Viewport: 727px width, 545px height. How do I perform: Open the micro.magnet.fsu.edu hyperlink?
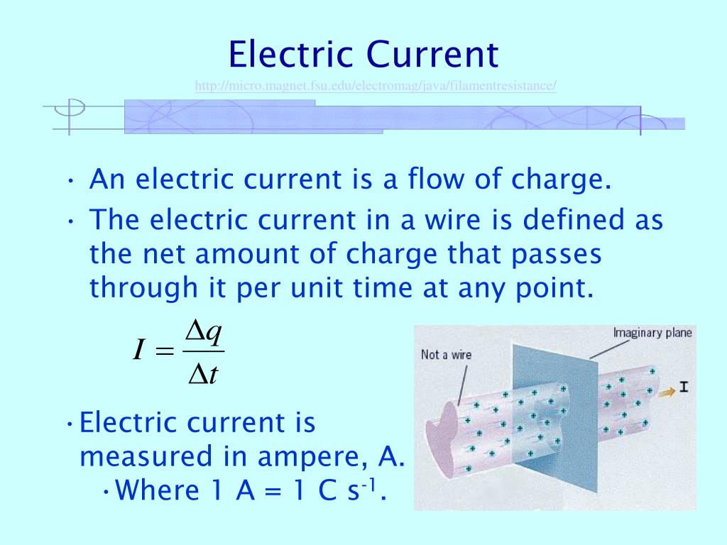click(x=376, y=86)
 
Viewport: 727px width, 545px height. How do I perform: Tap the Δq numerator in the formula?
click(x=204, y=331)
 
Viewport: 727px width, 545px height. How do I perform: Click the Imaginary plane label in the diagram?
click(x=653, y=332)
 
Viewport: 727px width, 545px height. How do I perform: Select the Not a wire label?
click(x=446, y=354)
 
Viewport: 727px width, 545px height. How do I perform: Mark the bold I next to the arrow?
click(x=684, y=387)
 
